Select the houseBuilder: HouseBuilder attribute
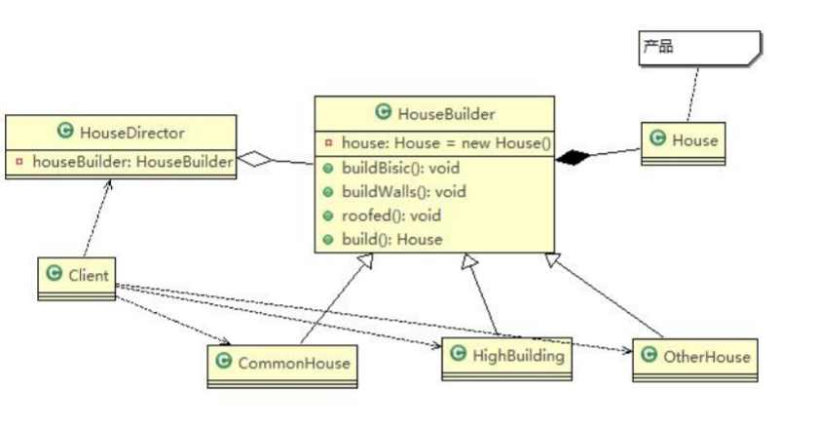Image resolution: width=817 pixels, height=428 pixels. [131, 161]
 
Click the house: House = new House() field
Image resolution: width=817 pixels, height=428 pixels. [444, 143]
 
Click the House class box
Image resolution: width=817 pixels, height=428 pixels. [682, 140]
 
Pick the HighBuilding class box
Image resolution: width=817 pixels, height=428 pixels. [506, 358]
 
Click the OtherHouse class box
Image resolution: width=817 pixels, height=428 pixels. [694, 358]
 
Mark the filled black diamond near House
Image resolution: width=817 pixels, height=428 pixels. [574, 157]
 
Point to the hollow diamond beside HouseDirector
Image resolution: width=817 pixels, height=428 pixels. [254, 161]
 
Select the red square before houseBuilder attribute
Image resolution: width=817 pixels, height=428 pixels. [19, 161]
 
